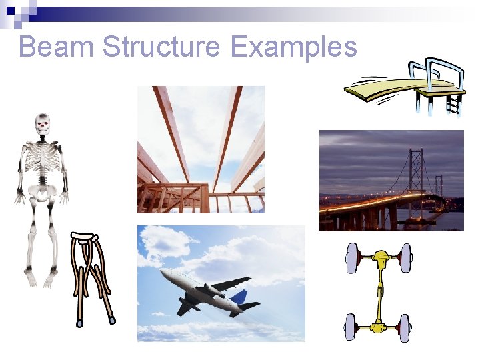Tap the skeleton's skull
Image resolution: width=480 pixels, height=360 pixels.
click(x=43, y=123)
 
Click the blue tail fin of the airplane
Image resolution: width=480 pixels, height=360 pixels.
click(x=239, y=296)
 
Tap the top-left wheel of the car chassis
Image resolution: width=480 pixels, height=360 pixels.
click(x=353, y=258)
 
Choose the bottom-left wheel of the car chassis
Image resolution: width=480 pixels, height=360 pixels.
click(x=351, y=327)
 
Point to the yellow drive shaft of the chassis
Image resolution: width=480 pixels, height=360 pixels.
click(x=379, y=293)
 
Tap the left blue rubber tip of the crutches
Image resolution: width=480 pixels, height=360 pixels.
click(x=79, y=323)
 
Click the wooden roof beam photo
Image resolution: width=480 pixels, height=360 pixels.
click(x=201, y=149)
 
